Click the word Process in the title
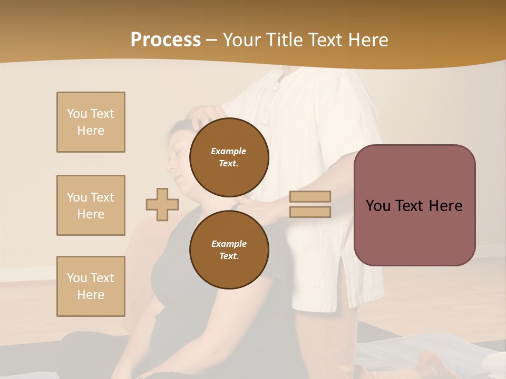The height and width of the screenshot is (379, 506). [166, 40]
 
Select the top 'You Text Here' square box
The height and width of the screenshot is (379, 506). [91, 122]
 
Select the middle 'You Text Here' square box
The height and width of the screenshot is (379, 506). [91, 205]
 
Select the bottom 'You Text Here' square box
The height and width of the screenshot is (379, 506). [91, 286]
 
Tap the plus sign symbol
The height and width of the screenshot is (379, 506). [162, 204]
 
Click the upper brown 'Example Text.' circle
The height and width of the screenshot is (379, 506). [229, 157]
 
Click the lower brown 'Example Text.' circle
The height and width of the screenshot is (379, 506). [229, 250]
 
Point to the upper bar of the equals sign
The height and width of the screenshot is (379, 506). [310, 196]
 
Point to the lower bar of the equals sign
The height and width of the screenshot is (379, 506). [310, 212]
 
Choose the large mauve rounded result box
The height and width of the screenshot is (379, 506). [414, 205]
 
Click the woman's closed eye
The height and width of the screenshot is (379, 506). [178, 149]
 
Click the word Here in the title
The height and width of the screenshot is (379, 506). [367, 40]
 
